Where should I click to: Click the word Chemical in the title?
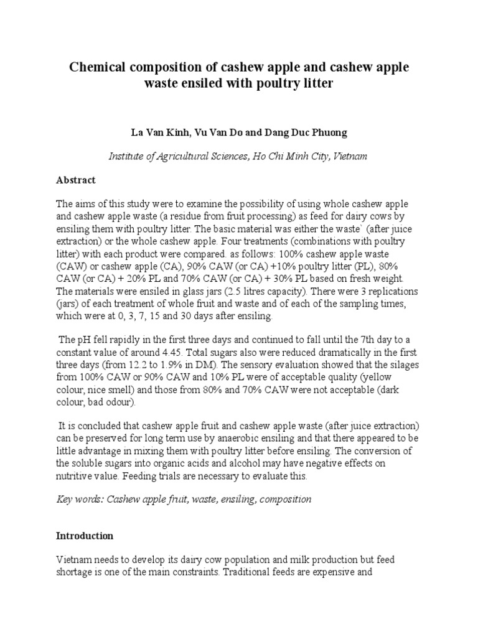pos(101,67)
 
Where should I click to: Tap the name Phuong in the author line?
pos(327,133)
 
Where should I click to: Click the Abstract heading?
pos(76,180)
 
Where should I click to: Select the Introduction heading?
pos(85,536)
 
